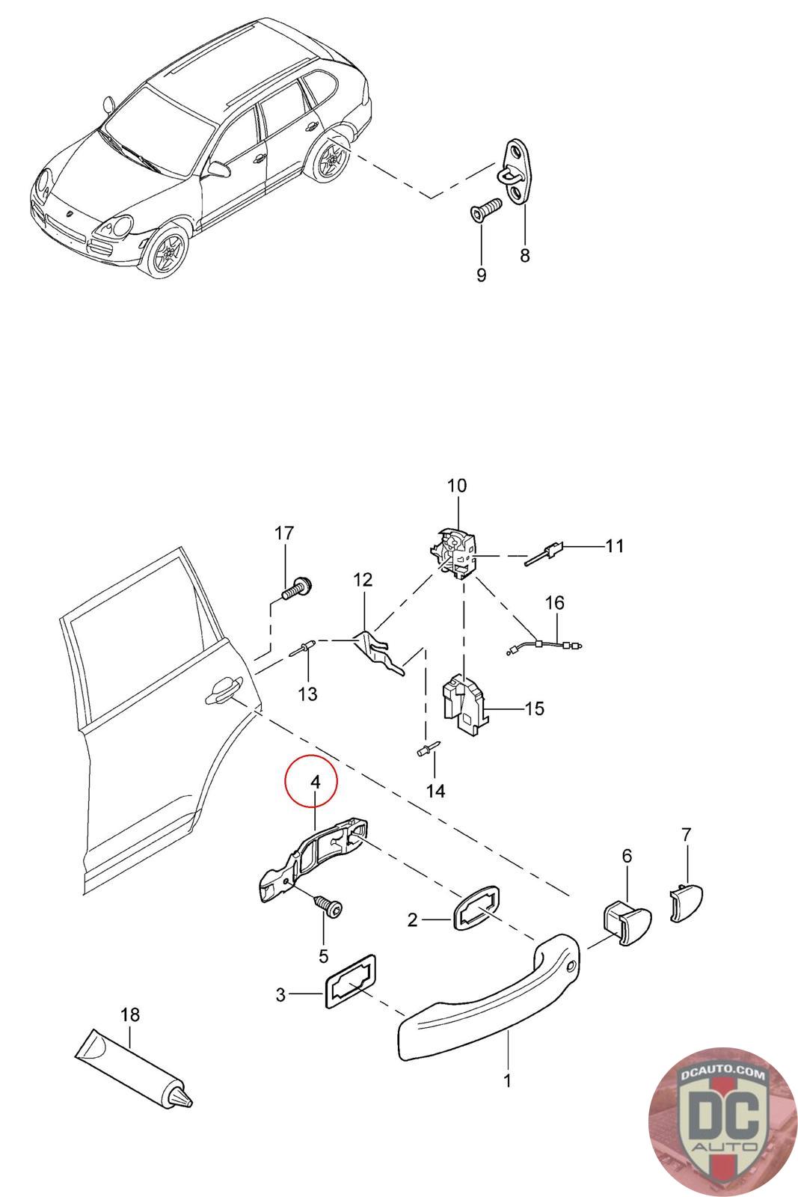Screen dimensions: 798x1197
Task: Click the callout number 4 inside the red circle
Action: pyautogui.click(x=316, y=782)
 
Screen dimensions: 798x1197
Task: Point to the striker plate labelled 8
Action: pyautogui.click(x=517, y=171)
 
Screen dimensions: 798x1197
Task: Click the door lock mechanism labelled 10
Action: pyautogui.click(x=453, y=552)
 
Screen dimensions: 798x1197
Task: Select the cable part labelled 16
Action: pyautogui.click(x=544, y=646)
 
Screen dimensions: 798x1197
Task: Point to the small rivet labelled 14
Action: pyautogui.click(x=428, y=749)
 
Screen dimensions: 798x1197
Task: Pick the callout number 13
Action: pyautogui.click(x=307, y=694)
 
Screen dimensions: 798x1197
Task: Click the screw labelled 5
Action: pyautogui.click(x=328, y=906)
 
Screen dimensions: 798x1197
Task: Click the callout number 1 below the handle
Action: pyautogui.click(x=507, y=1080)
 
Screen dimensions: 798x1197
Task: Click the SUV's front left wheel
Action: pyautogui.click(x=168, y=251)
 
